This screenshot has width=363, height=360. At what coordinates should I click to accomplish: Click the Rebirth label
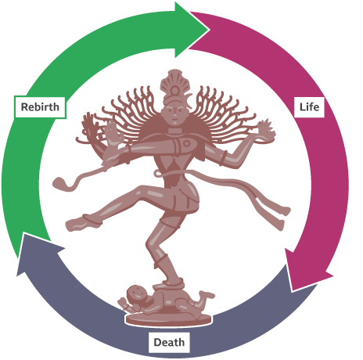[40, 107]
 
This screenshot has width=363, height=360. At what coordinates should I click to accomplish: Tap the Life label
[309, 107]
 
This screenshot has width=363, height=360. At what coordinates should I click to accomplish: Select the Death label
[169, 342]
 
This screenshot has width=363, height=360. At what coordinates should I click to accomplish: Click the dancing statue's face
[173, 115]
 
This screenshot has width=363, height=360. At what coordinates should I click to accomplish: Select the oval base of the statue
[168, 319]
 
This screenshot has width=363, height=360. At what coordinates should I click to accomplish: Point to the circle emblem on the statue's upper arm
[187, 143]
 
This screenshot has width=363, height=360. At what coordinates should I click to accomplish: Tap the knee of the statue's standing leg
[152, 244]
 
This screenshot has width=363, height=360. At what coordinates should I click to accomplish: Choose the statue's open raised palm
[113, 133]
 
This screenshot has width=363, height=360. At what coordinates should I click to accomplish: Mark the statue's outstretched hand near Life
[266, 129]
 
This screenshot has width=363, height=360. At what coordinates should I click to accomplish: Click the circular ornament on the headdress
[174, 91]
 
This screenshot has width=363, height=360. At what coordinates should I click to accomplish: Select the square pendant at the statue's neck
[174, 131]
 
